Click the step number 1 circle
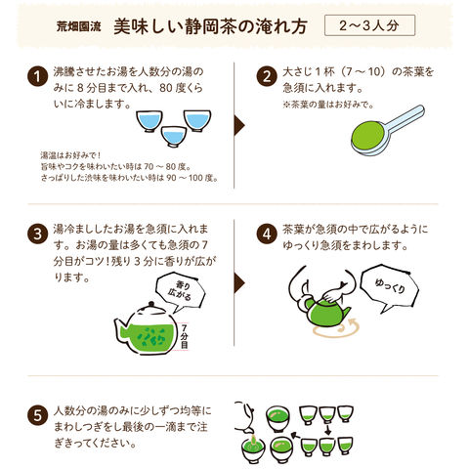(x=38, y=76)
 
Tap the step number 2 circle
(x=267, y=76)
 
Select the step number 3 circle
(x=38, y=234)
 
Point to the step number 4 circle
(x=267, y=234)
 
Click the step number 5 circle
(x=38, y=415)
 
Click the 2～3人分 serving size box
(x=369, y=25)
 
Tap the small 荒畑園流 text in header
(x=79, y=26)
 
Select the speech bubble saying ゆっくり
(x=389, y=287)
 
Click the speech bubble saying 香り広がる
(x=180, y=291)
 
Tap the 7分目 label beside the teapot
(x=185, y=336)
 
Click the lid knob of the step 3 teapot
(x=150, y=304)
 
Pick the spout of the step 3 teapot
(x=119, y=329)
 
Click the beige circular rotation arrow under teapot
(x=335, y=329)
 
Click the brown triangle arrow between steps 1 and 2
(x=239, y=125)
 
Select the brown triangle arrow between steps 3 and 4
(x=239, y=282)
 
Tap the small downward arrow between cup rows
(x=327, y=429)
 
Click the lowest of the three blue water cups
(x=174, y=136)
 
